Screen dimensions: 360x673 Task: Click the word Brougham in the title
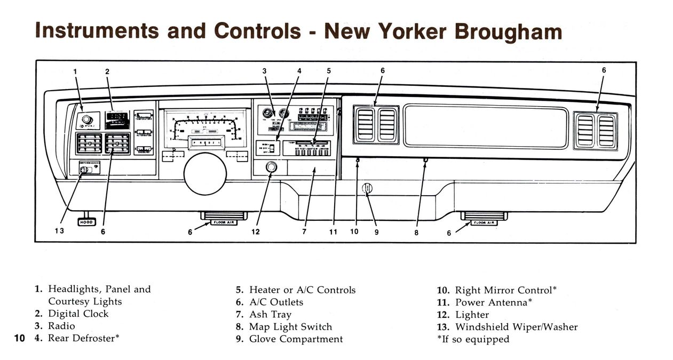pyautogui.click(x=508, y=31)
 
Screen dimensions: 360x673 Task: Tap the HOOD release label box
pyautogui.click(x=86, y=221)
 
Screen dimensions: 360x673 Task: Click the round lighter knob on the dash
pyautogui.click(x=271, y=167)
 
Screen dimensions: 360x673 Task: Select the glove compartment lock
pyautogui.click(x=367, y=189)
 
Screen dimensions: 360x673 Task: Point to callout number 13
pyautogui.click(x=59, y=231)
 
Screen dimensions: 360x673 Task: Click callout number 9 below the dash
pyautogui.click(x=376, y=232)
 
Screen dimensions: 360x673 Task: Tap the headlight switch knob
pyautogui.click(x=86, y=120)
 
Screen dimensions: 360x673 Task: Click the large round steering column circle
pyautogui.click(x=205, y=174)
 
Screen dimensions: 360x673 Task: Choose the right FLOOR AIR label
pyautogui.click(x=484, y=222)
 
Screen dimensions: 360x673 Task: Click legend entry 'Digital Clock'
pyautogui.click(x=78, y=314)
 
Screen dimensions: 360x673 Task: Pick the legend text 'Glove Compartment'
pyautogui.click(x=296, y=339)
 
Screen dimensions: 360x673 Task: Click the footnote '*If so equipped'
pyautogui.click(x=473, y=339)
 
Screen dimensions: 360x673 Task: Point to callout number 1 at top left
pyautogui.click(x=75, y=71)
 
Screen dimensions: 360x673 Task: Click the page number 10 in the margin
pyautogui.click(x=19, y=338)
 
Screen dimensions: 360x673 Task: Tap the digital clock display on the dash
pyautogui.click(x=117, y=120)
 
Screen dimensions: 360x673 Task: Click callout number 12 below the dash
pyautogui.click(x=256, y=231)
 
